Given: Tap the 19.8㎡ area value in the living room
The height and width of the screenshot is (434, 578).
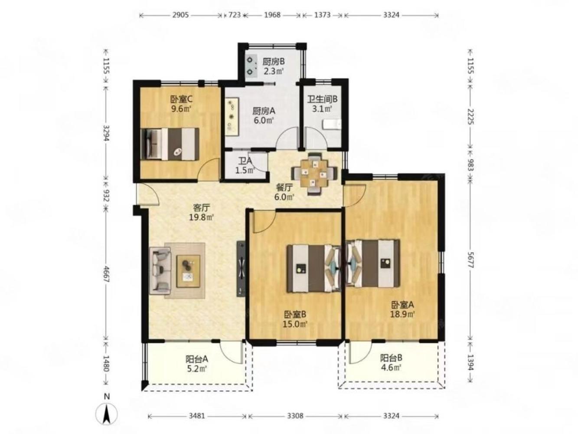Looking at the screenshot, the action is point(201,217).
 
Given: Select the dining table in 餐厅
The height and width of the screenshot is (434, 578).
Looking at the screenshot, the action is point(313,174).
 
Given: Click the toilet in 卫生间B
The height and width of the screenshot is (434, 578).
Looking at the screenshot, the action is point(332,125).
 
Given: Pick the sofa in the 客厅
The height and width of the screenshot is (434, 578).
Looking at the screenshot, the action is point(160,270).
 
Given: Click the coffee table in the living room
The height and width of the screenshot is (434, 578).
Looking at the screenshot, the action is point(189,271).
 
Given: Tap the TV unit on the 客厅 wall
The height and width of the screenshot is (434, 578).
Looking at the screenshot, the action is point(241,269).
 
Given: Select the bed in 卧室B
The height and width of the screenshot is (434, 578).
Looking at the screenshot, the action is point(313,268).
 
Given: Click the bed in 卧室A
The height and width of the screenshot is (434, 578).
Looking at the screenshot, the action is point(373,263).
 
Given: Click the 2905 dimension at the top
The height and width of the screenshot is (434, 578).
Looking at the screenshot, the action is point(180,15).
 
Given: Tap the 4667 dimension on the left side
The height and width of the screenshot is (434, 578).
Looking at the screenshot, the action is point(106,274).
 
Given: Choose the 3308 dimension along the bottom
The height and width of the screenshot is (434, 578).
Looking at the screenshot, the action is point(295,416).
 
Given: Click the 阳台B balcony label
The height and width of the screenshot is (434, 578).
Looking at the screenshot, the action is point(391,358).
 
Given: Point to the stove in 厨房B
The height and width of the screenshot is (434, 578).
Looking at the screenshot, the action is point(251,66).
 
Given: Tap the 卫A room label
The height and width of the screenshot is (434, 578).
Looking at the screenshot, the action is point(245,160).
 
